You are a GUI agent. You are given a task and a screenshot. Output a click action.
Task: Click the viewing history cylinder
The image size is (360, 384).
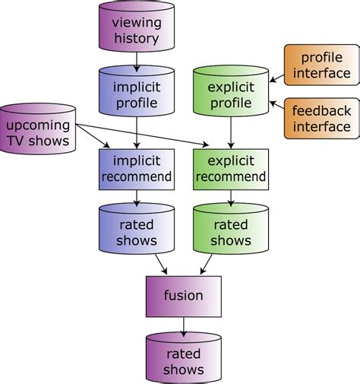(x=137, y=30)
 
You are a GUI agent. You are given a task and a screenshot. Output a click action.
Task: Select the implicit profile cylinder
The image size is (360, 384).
(x=137, y=94)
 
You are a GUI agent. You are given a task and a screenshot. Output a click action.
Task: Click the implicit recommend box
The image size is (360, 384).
(x=137, y=168)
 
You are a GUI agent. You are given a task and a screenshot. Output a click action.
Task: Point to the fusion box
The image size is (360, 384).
(x=183, y=295)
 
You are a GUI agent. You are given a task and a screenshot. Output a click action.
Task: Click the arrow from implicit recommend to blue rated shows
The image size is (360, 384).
(x=137, y=197)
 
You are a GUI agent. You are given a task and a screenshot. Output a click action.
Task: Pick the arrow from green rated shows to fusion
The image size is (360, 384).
(x=207, y=265)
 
